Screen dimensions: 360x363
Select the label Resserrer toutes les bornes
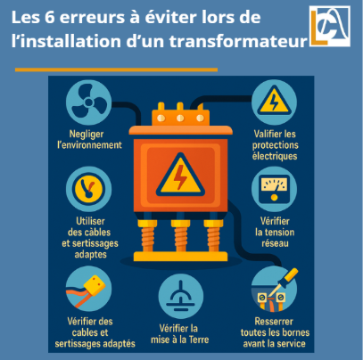click(276, 334)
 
